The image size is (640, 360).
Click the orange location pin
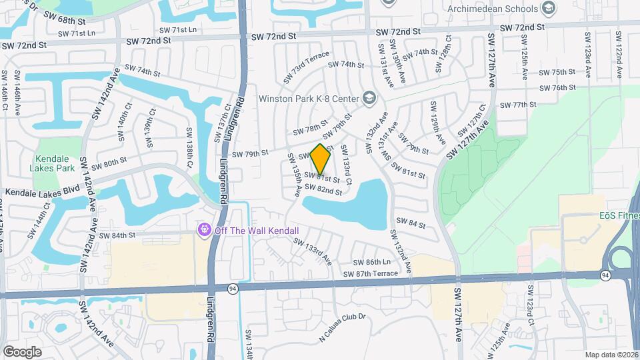321,159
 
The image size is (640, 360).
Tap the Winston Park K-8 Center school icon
371,99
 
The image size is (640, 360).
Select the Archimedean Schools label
493,9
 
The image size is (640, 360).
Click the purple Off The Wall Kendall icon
204,230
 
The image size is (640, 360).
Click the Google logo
22,351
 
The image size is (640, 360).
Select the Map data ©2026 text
611,355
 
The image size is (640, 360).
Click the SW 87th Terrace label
370,274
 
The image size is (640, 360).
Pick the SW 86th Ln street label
371,263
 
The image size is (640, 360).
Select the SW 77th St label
518,105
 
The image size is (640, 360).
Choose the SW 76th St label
557,87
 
